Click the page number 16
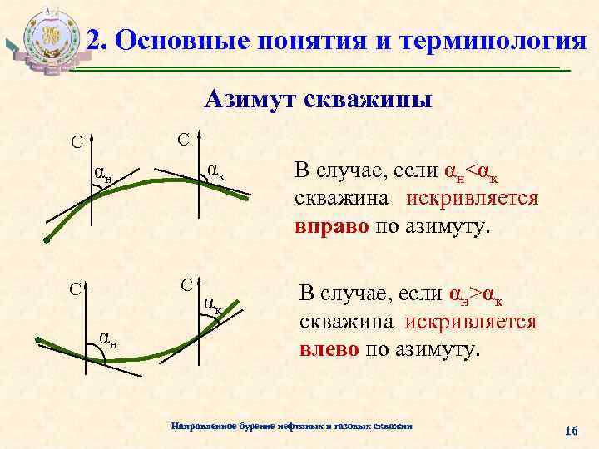pos(571,430)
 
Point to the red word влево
pos(329,348)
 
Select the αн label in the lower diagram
pos(107,338)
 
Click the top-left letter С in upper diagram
pos(76,142)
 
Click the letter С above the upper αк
pos(183,136)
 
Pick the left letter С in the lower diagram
pos(74,289)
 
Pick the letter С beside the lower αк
pos(187,283)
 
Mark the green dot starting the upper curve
pos(47,241)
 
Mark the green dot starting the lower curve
pos(38,339)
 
